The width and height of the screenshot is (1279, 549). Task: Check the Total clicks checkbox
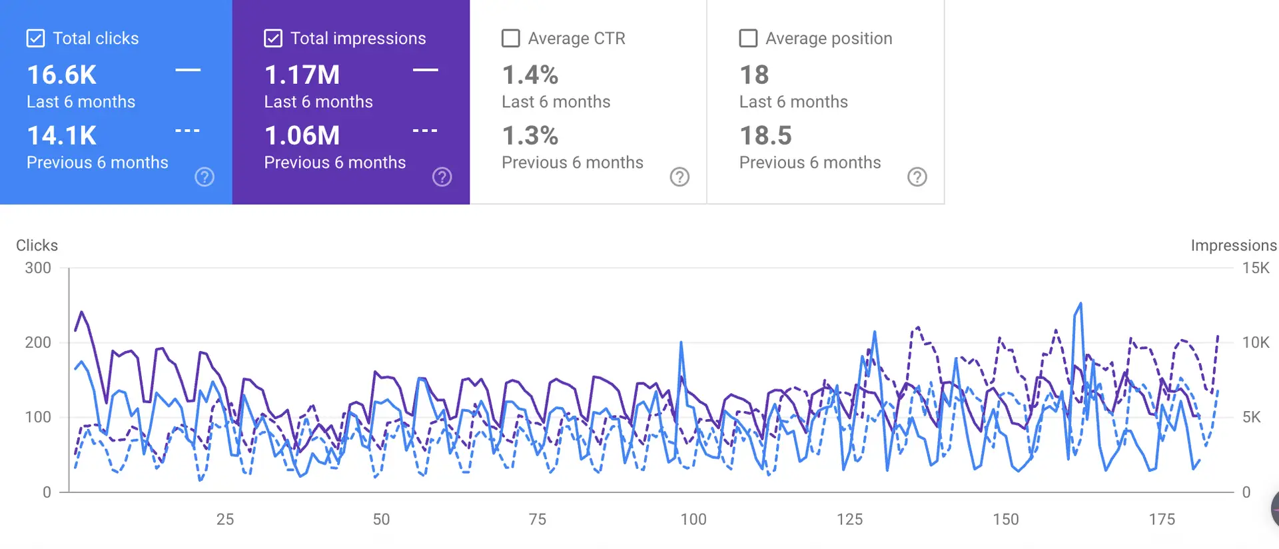point(35,39)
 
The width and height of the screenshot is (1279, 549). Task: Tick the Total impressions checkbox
point(273,39)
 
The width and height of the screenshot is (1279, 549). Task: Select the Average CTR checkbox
point(511,39)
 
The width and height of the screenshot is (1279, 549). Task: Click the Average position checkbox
point(748,39)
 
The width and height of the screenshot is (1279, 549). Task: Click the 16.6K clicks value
point(62,75)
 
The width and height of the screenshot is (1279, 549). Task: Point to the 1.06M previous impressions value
point(302,136)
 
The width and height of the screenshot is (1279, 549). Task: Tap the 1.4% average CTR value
point(530,75)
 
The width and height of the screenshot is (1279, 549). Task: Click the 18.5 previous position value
point(766,136)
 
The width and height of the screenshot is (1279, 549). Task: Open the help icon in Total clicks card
point(205,177)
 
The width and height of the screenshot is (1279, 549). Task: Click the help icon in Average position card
point(917,177)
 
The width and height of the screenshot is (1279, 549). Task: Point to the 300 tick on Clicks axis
point(38,268)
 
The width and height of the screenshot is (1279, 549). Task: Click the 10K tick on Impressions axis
point(1256,342)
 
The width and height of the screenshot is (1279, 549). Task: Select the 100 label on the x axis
point(693,520)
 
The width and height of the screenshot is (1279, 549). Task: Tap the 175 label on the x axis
point(1162,520)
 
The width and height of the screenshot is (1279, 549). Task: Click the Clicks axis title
point(37,246)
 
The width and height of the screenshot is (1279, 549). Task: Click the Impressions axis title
point(1234,246)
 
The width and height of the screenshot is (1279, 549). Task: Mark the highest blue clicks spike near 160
point(1080,304)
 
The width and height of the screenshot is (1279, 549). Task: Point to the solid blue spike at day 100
point(681,342)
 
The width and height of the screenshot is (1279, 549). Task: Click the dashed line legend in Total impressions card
point(425,131)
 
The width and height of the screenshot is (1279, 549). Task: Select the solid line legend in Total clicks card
point(188,70)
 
